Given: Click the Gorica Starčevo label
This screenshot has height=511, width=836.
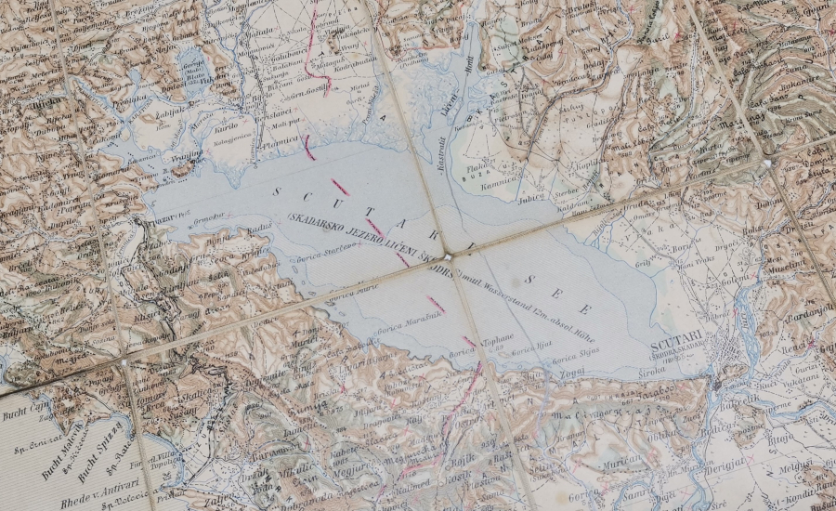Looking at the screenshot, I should coord(313,245).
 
